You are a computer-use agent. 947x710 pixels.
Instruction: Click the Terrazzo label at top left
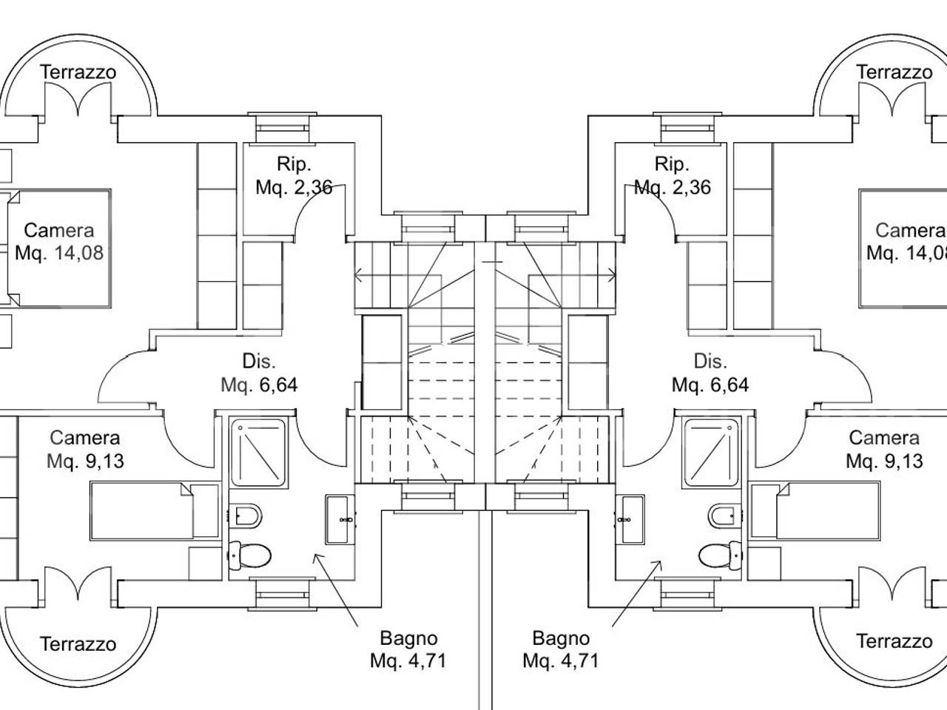coord(78,72)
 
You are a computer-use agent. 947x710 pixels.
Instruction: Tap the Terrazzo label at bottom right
coord(894,641)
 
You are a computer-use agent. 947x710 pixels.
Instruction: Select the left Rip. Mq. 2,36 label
coord(294,175)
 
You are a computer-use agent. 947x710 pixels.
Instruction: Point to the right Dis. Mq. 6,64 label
coord(710,373)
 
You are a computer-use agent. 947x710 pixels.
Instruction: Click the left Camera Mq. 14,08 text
coord(59,241)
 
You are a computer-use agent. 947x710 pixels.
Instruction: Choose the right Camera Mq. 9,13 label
coord(884,449)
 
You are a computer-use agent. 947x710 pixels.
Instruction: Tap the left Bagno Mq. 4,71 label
coord(408,649)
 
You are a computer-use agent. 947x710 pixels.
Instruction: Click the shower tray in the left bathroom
coord(258,453)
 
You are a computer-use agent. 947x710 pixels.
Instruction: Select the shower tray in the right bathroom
coord(711,453)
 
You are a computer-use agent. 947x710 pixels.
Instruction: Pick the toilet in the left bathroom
coord(249,555)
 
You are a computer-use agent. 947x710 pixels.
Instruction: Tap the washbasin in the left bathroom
coord(340,519)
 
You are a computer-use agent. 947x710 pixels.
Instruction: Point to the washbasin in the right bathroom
coord(630,519)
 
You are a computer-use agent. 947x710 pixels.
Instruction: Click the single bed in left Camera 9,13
coord(155,511)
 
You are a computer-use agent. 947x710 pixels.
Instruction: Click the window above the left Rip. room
coord(282,128)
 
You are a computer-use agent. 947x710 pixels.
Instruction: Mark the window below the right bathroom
coord(687,595)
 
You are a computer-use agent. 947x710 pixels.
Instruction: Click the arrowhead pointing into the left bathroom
coord(317,558)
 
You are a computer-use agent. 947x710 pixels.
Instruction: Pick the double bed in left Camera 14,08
coord(59,248)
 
